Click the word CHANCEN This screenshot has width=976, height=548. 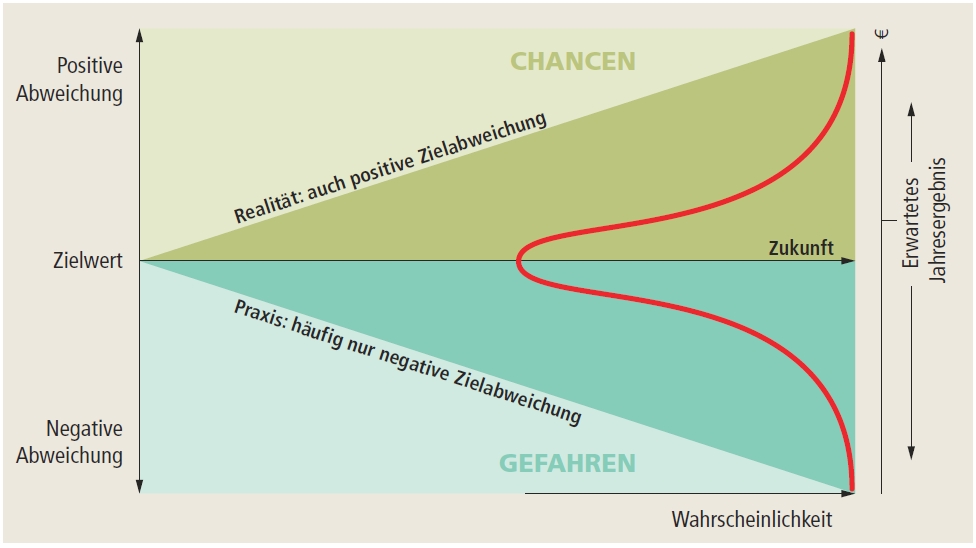572,61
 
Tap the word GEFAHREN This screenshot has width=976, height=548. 566,463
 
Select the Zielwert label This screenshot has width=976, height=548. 88,261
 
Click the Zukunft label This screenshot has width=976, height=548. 800,248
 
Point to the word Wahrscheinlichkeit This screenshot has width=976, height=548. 751,521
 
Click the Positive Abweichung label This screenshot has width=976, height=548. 90,80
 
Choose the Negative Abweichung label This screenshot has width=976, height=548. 85,442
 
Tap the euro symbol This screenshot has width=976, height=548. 881,33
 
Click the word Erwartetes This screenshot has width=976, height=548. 911,234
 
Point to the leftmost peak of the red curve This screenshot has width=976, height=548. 518,263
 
